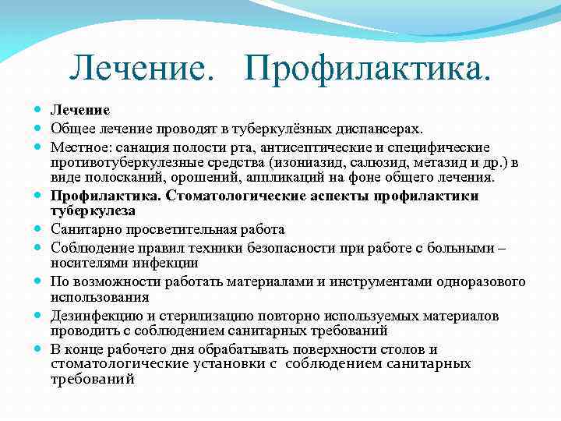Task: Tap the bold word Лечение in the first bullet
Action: click(80, 110)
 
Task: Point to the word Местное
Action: click(79, 147)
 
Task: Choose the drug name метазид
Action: click(434, 162)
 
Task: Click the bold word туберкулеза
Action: click(93, 210)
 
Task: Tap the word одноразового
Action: click(482, 281)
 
